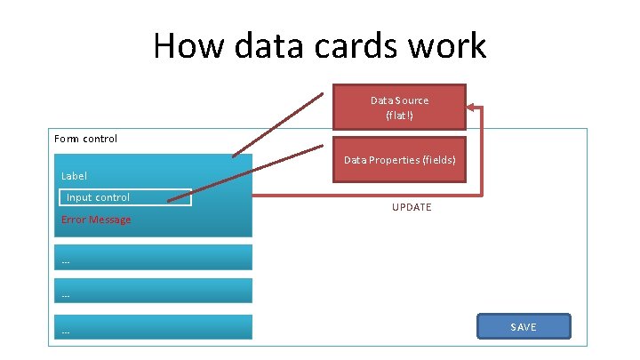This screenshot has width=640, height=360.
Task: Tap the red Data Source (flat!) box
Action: [x=399, y=108]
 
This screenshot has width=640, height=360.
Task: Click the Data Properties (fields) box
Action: [x=399, y=160]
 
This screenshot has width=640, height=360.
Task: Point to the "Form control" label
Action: [x=85, y=139]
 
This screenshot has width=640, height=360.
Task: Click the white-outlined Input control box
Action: [x=125, y=197]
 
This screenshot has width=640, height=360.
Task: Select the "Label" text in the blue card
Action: [x=75, y=176]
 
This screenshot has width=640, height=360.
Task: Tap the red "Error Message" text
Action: [x=96, y=220]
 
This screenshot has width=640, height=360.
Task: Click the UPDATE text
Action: [x=412, y=207]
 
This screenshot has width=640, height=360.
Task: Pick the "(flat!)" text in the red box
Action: [x=399, y=116]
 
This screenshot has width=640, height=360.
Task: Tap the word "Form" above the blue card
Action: [x=67, y=139]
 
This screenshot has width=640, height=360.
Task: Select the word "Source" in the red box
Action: [x=412, y=100]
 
